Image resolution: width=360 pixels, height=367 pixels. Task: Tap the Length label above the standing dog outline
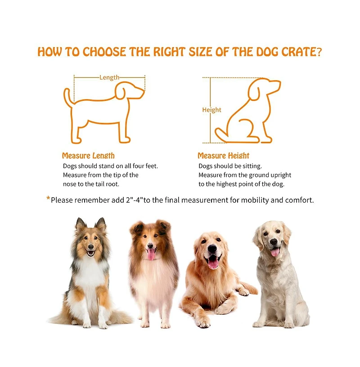click(109, 77)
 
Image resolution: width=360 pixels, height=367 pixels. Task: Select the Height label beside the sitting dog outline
click(211, 110)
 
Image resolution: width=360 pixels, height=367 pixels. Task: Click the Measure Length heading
click(88, 156)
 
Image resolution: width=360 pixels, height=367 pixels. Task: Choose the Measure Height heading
click(223, 156)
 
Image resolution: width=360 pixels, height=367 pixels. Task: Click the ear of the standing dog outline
click(121, 92)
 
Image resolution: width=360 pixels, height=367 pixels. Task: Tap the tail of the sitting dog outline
click(221, 135)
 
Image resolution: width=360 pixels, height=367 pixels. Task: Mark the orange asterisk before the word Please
click(48, 199)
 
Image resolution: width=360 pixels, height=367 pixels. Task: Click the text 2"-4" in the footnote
click(134, 200)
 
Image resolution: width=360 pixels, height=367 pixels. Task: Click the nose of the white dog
click(273, 242)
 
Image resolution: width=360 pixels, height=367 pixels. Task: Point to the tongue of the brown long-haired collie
click(151, 254)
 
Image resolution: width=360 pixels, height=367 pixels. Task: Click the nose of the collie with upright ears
click(90, 247)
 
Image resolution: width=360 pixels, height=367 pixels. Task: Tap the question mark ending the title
click(319, 52)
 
